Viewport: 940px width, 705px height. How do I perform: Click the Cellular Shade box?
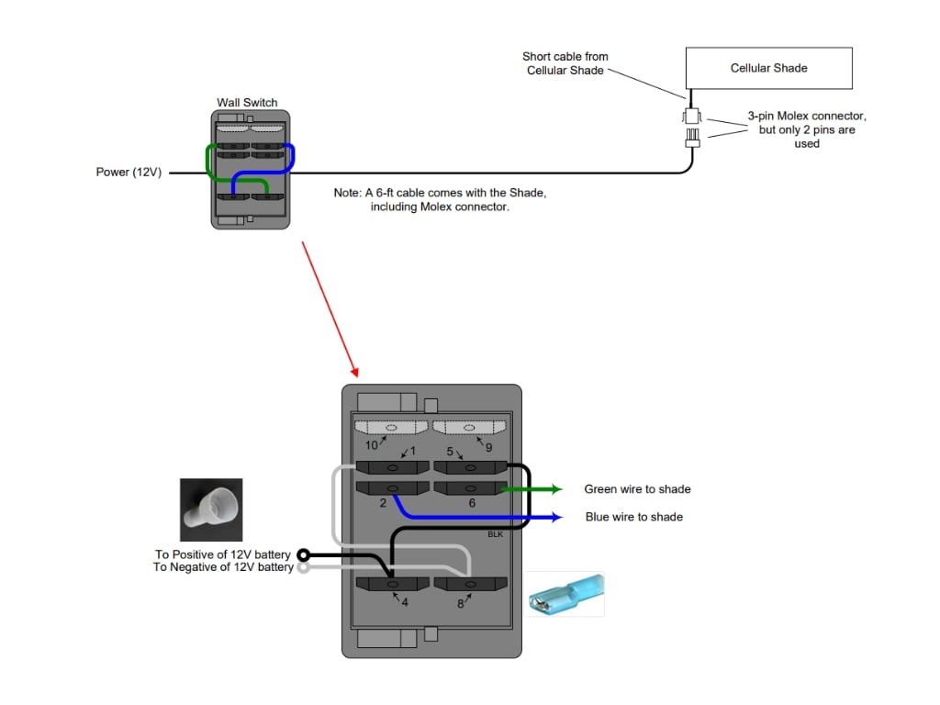(768, 68)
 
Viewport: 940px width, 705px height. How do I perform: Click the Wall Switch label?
(247, 102)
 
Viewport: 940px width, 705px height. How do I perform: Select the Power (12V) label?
(129, 172)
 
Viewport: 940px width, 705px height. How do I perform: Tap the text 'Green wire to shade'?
(637, 489)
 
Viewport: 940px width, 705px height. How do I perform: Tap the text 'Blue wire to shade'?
(633, 517)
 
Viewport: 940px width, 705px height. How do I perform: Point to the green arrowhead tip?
(561, 489)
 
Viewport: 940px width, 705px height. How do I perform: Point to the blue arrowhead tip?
(561, 517)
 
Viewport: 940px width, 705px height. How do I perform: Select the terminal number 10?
(371, 445)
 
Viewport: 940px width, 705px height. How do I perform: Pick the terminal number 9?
(489, 447)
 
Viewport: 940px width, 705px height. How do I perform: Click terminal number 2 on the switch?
(383, 503)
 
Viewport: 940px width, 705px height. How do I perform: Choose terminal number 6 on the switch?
(472, 503)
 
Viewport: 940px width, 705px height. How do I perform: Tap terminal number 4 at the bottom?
(404, 603)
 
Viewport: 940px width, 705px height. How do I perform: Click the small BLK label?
(495, 534)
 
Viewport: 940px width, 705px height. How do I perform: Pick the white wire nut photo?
(211, 509)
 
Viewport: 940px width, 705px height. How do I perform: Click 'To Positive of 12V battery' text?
(223, 554)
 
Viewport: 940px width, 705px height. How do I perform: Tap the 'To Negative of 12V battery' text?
(223, 567)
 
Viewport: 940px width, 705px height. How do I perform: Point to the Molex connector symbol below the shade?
(691, 127)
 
